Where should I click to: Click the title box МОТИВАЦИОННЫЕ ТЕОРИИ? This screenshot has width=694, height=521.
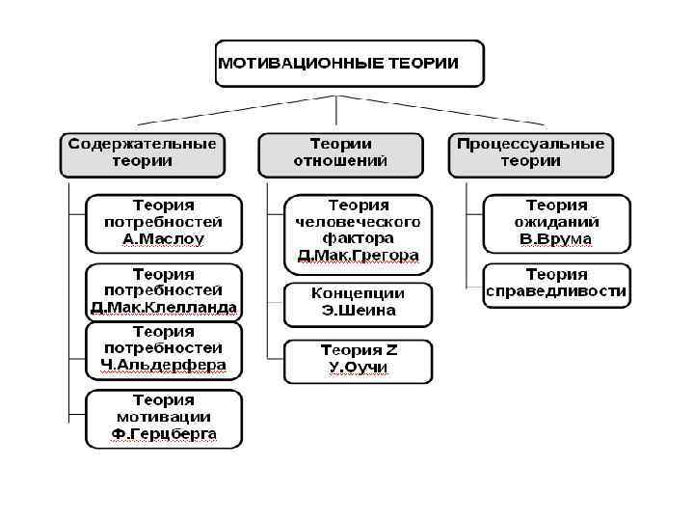[348, 65]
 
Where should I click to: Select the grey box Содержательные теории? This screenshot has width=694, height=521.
[142, 152]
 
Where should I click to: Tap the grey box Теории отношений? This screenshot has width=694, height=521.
[340, 152]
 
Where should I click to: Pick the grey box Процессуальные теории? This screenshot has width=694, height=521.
[530, 152]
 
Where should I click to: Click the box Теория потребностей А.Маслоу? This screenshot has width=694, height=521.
[164, 222]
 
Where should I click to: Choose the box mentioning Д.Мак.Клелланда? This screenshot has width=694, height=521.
[164, 291]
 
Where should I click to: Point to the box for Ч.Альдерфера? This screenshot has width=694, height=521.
[164, 349]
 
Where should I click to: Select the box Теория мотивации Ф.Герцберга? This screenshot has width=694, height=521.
[164, 418]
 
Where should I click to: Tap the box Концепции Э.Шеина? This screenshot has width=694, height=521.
[359, 302]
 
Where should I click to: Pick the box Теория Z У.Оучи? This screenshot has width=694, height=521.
[359, 360]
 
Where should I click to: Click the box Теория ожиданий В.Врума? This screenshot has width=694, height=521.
[556, 222]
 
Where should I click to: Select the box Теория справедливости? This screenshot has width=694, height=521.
[556, 282]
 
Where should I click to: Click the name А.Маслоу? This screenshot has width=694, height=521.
[164, 238]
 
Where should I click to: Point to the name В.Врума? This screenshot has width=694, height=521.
[556, 238]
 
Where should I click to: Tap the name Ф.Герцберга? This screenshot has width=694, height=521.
[164, 435]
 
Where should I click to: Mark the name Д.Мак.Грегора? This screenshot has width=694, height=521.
[359, 256]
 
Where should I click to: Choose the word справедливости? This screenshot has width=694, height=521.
[556, 290]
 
